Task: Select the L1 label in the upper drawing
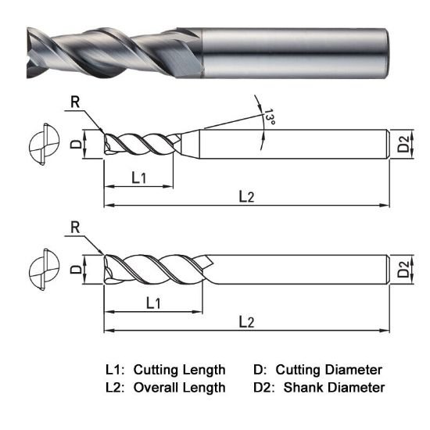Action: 138,177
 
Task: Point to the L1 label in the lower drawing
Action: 153,302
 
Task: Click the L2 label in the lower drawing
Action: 245,321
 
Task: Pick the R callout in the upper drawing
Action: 73,102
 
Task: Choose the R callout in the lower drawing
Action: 75,228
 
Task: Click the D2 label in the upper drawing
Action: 403,143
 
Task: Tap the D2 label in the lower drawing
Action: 403,268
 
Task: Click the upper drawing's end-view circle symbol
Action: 40,144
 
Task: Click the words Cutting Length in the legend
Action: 180,369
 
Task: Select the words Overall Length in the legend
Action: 180,387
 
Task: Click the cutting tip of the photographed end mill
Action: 33,52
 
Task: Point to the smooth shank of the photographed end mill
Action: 297,52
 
